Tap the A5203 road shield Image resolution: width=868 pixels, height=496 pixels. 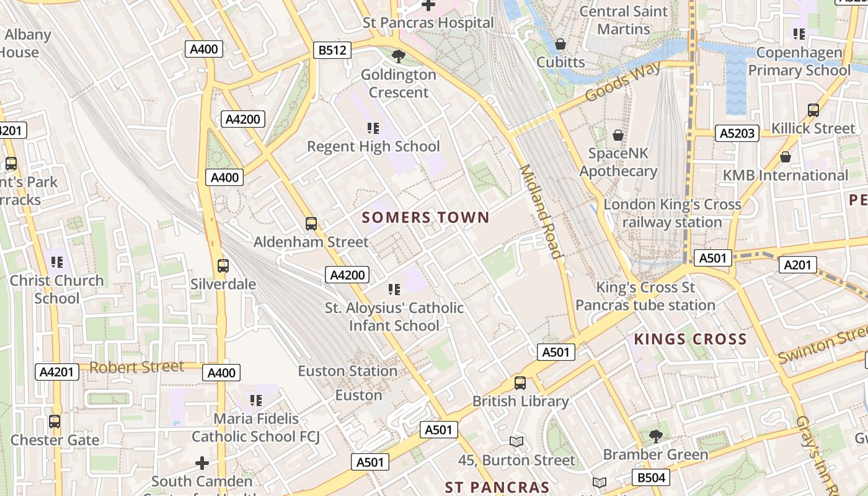pyautogui.click(x=737, y=133)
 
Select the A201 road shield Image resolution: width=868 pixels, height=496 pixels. pyautogui.click(x=797, y=265)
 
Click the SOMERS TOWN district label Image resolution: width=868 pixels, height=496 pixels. pyautogui.click(x=426, y=218)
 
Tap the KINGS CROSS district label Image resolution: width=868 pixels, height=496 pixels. pyautogui.click(x=690, y=339)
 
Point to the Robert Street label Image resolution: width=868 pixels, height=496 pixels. pyautogui.click(x=137, y=366)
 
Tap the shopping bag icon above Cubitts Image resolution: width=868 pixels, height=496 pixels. pyautogui.click(x=560, y=44)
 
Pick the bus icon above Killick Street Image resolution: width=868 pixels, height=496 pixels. pyautogui.click(x=813, y=110)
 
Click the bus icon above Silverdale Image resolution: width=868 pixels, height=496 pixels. pyautogui.click(x=223, y=266)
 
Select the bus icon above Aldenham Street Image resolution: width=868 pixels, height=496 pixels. pyautogui.click(x=311, y=224)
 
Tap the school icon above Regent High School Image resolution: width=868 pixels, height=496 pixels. pyautogui.click(x=373, y=128)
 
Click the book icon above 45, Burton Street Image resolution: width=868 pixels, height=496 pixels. pyautogui.click(x=516, y=442)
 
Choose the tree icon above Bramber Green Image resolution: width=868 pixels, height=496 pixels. pyautogui.click(x=655, y=436)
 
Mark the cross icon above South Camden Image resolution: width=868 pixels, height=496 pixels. pyautogui.click(x=202, y=463)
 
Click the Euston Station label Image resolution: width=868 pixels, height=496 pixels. pyautogui.click(x=348, y=371)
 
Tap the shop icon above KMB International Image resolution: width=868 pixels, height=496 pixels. pyautogui.click(x=786, y=157)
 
